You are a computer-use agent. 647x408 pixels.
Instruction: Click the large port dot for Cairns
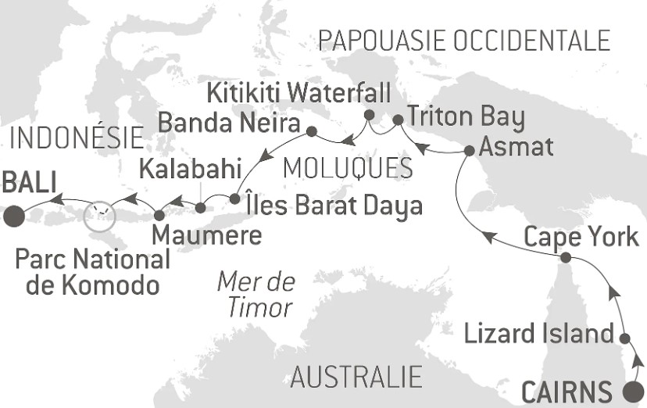(x=632, y=390)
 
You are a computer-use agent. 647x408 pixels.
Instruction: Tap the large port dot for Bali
(x=13, y=216)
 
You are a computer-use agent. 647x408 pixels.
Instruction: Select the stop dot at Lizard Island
(x=624, y=338)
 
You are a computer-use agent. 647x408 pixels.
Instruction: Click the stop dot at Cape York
(x=567, y=257)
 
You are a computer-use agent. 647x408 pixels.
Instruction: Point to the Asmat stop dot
(x=468, y=151)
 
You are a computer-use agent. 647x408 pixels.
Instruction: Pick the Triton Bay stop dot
(x=397, y=120)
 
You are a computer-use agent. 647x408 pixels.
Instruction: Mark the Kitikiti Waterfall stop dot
(x=369, y=116)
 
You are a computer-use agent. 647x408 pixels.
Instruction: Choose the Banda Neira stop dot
(x=311, y=131)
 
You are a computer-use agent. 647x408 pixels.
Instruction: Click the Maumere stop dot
(x=159, y=213)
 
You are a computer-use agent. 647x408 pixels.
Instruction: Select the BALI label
(x=29, y=184)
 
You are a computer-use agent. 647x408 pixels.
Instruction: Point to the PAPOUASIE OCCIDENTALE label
(x=464, y=41)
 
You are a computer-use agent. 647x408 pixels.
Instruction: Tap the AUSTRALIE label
(x=356, y=377)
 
